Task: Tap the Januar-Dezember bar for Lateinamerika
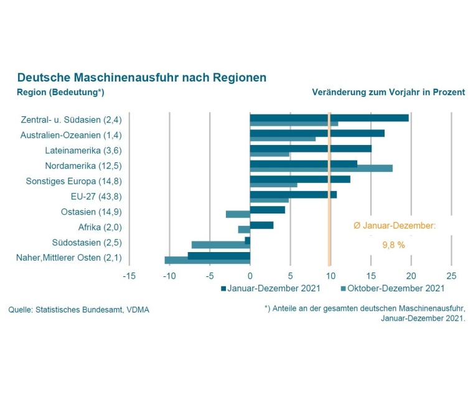[x=311, y=148]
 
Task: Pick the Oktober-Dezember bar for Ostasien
[x=238, y=214]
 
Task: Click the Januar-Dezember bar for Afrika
[x=261, y=225]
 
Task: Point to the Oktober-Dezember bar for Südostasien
[x=220, y=245]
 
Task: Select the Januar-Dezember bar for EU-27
[x=293, y=194]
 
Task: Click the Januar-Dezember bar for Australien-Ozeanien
[x=317, y=133]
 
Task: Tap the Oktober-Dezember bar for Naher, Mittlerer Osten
[x=207, y=260]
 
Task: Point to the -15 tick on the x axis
[x=129, y=275]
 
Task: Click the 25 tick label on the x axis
[x=451, y=275]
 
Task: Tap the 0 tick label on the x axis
[x=250, y=275]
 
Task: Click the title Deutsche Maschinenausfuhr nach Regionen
[x=142, y=78]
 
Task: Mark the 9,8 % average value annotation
[x=393, y=245]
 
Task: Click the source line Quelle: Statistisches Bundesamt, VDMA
[x=78, y=309]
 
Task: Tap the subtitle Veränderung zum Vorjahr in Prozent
[x=388, y=92]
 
